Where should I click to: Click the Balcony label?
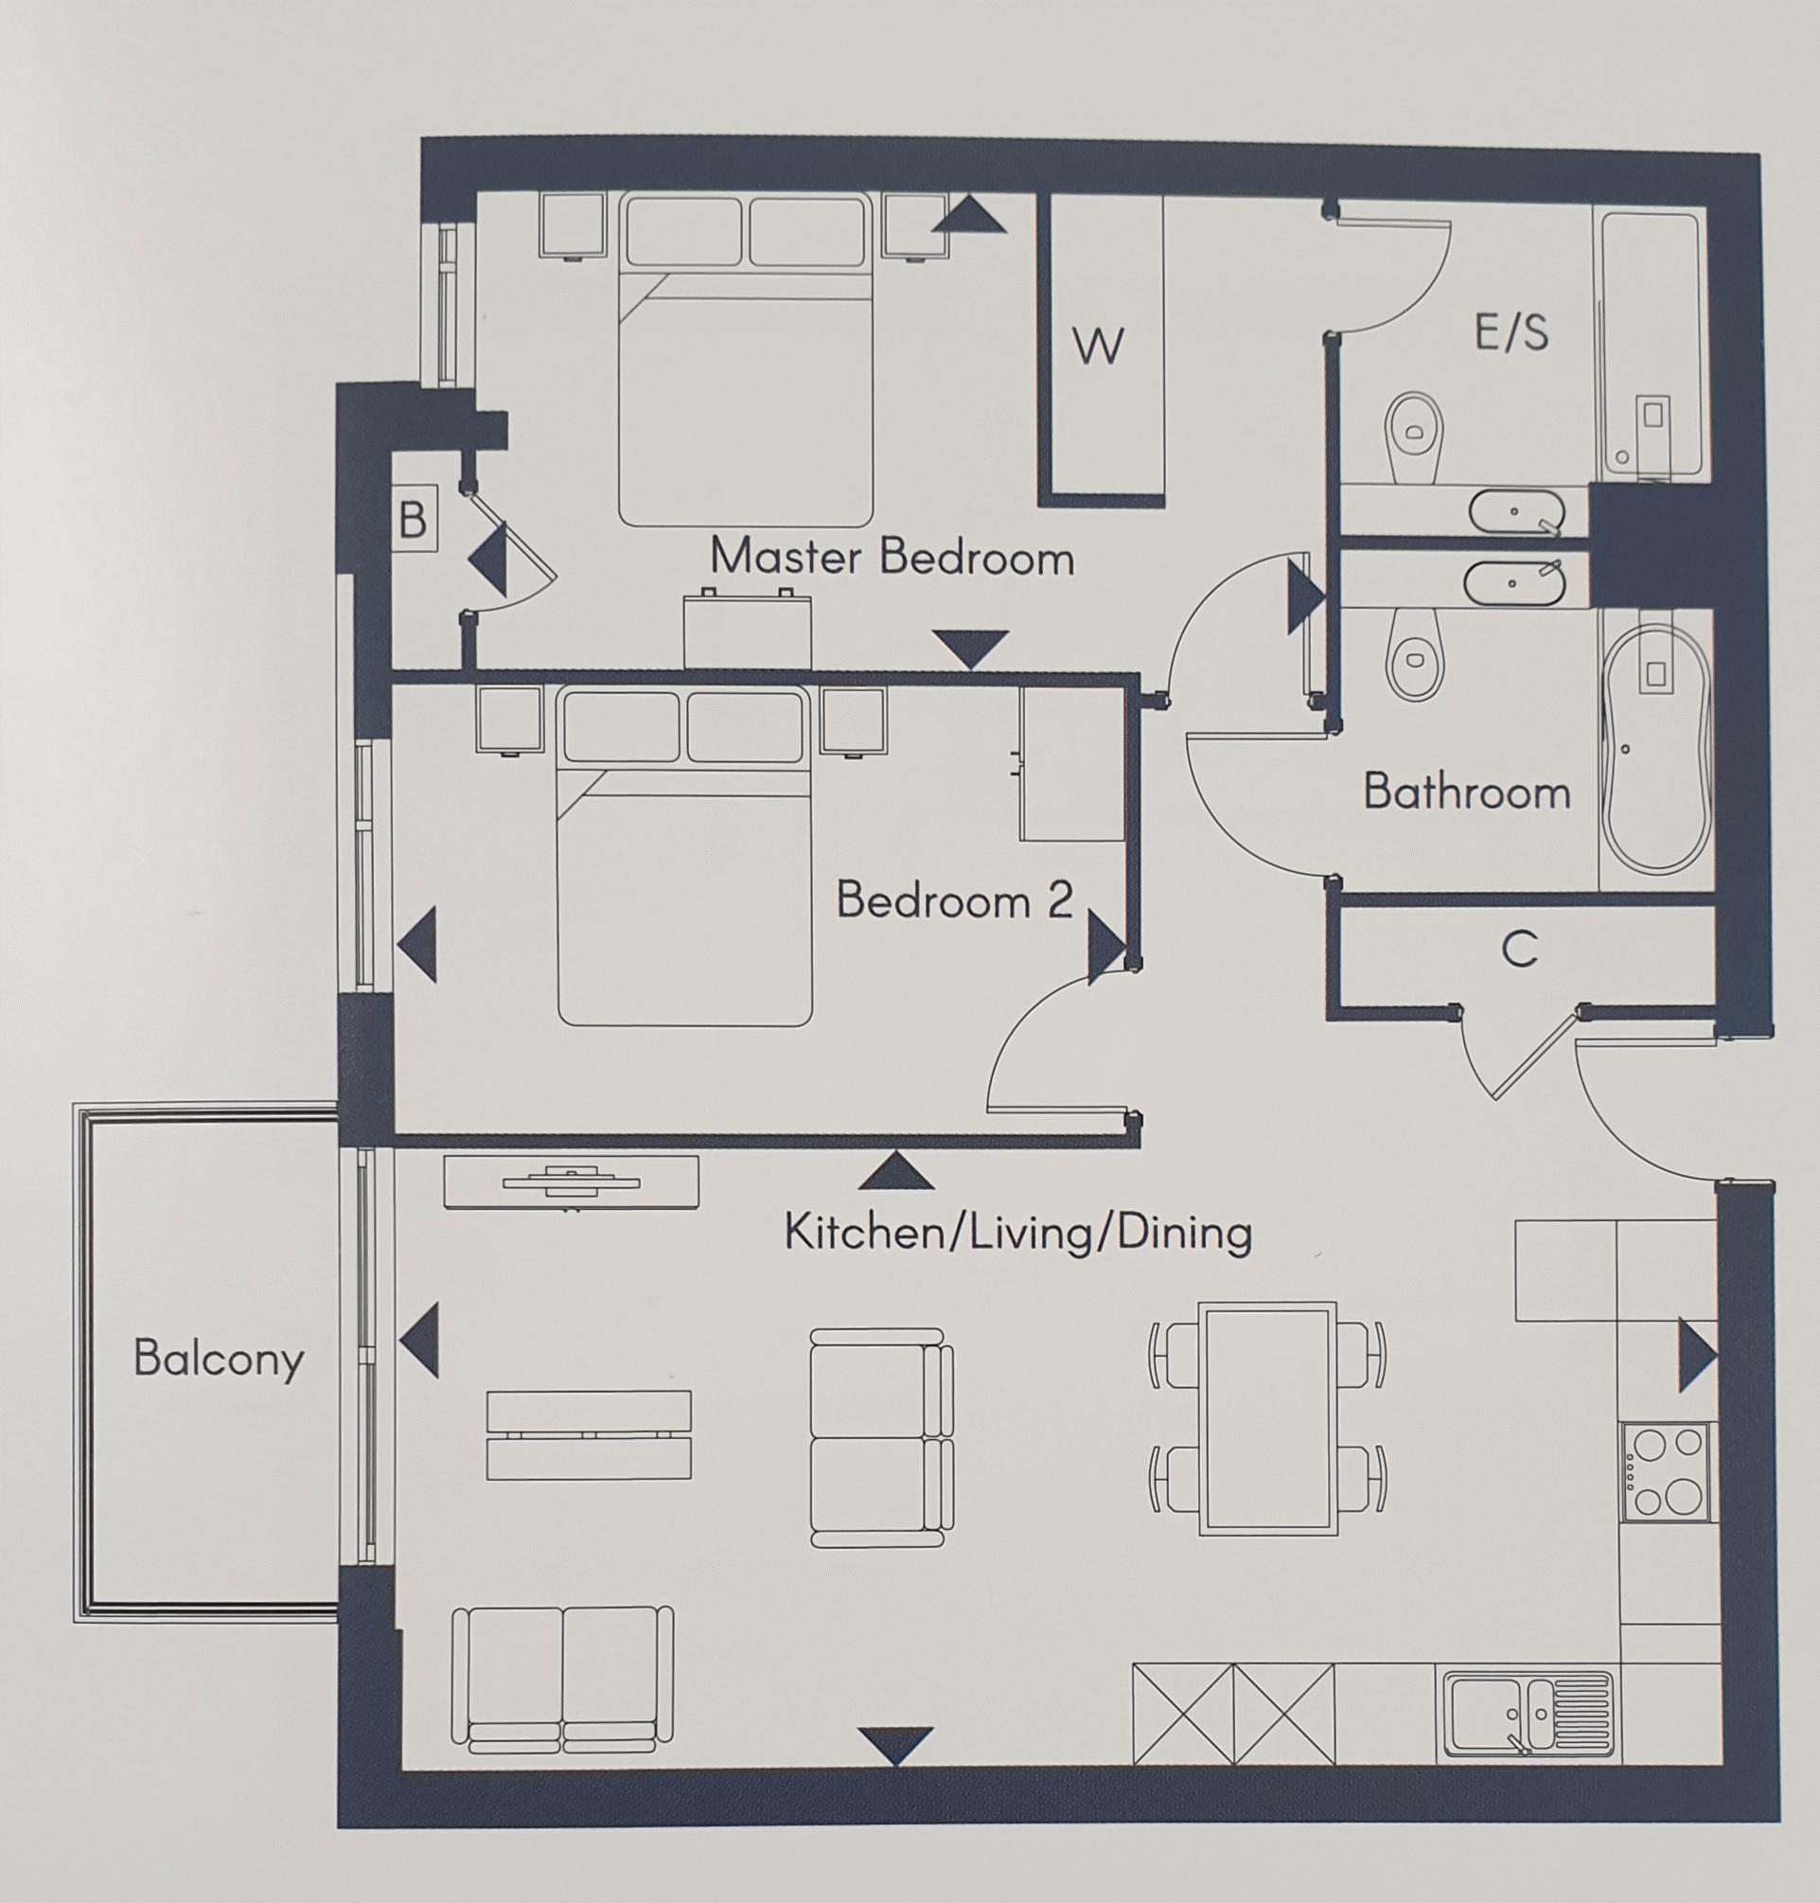pos(219,1359)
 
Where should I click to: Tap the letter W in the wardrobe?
pos(1098,346)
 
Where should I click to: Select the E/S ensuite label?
pos(1511,333)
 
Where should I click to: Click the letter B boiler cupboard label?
pos(413,520)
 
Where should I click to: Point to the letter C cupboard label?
pos(1519,950)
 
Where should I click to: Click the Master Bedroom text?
pos(892,558)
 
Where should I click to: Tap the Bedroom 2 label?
pos(955,900)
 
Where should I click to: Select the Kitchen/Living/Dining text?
pos(1017,1234)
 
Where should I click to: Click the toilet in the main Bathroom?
pos(1416,654)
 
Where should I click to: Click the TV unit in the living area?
pos(571,1182)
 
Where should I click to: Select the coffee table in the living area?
pos(589,1434)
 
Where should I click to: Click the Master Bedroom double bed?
pos(745,388)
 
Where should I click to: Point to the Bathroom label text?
pos(1466,791)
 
